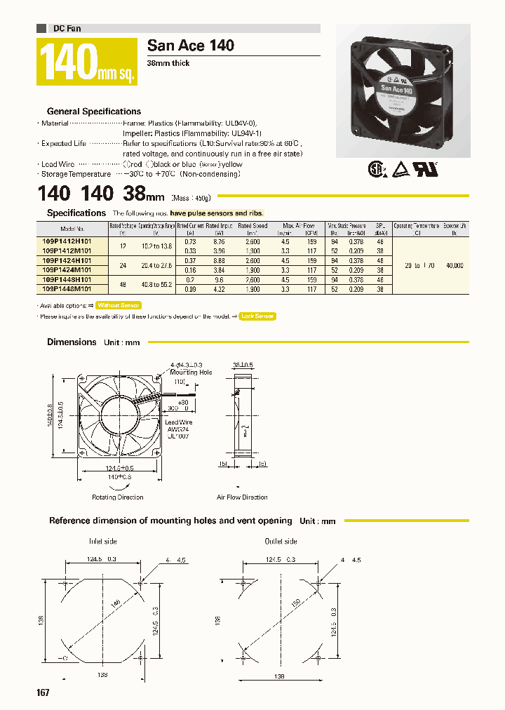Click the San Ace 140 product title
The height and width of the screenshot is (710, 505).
tap(190, 46)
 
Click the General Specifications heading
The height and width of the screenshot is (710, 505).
tap(93, 112)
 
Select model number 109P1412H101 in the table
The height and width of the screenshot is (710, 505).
tap(72, 241)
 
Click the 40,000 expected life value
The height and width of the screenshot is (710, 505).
tap(454, 265)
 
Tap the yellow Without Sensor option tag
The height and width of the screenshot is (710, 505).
tap(119, 305)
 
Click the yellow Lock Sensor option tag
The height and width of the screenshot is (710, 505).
tap(257, 316)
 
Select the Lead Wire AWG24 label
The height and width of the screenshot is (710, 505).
tap(177, 427)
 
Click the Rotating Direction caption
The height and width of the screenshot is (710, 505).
tap(118, 497)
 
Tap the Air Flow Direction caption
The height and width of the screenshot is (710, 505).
tap(242, 497)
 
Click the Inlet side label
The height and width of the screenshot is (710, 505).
tap(102, 542)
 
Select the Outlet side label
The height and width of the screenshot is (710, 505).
tap(281, 542)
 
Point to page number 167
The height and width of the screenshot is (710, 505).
tap(43, 692)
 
